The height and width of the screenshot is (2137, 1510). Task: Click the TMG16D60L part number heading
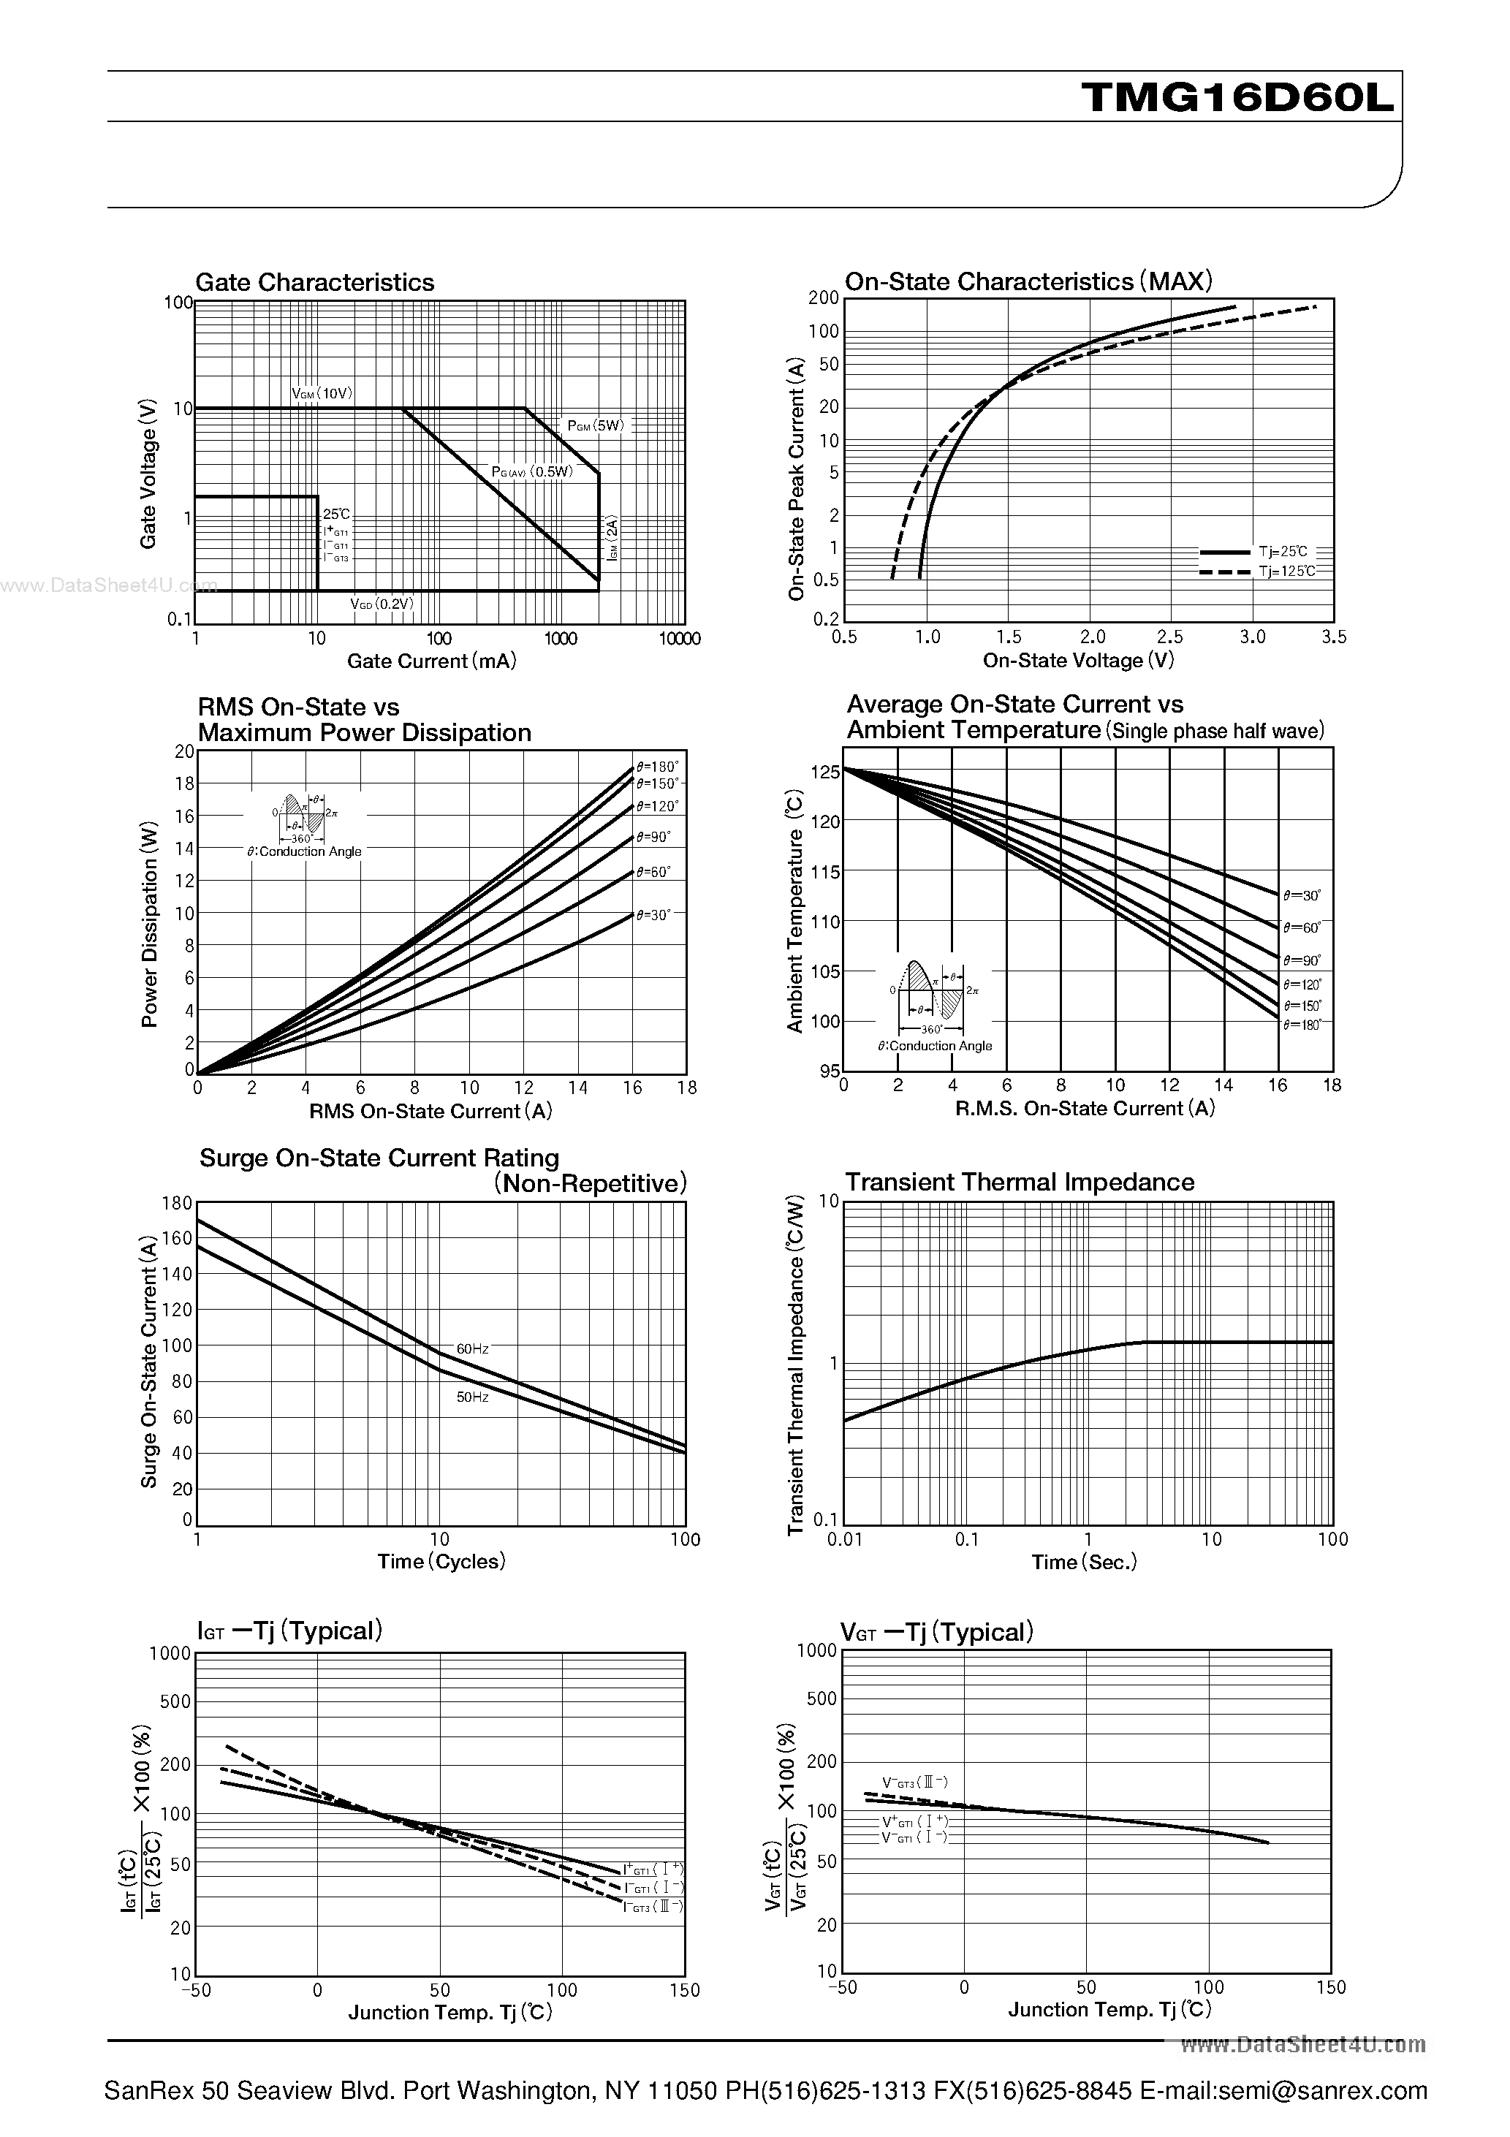pyautogui.click(x=1237, y=96)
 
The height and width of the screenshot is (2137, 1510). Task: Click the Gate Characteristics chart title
pyautogui.click(x=315, y=282)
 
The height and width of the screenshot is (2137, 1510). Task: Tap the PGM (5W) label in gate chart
pyautogui.click(x=596, y=425)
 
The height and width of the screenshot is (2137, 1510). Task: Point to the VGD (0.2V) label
pyautogui.click(x=382, y=603)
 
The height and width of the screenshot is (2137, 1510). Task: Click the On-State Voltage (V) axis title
pyautogui.click(x=1078, y=660)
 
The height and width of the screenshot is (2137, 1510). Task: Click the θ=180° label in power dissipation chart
pyautogui.click(x=657, y=766)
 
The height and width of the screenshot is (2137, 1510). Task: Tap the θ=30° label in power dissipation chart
pyautogui.click(x=653, y=915)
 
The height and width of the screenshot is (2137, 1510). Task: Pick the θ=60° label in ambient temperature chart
pyautogui.click(x=1302, y=928)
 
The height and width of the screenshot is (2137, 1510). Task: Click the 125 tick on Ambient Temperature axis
pyautogui.click(x=825, y=772)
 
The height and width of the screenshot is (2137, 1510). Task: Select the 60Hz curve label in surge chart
pyautogui.click(x=472, y=1348)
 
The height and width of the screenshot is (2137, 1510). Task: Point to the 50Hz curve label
pyautogui.click(x=472, y=1397)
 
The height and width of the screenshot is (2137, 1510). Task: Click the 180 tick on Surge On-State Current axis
pyautogui.click(x=176, y=1202)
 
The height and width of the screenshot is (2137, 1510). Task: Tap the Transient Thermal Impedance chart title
pyautogui.click(x=1020, y=1182)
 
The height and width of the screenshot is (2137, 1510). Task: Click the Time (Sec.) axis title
pyautogui.click(x=1084, y=1562)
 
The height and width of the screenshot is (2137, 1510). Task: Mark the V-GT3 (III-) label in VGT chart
pyautogui.click(x=915, y=1782)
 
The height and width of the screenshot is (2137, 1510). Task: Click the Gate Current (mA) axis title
pyautogui.click(x=431, y=661)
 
